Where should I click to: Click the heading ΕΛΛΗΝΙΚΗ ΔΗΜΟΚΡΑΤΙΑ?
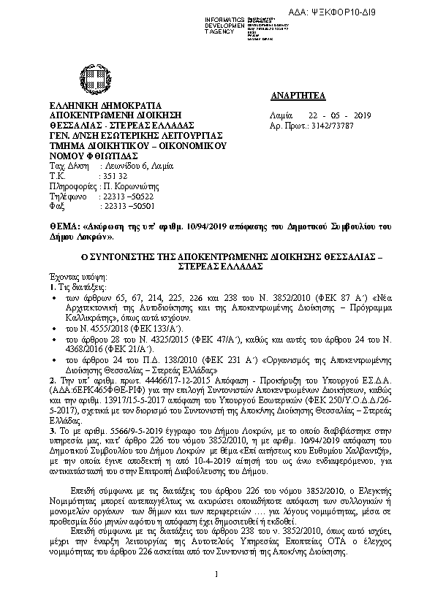(x=95, y=105)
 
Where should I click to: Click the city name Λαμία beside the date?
(x=281, y=116)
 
